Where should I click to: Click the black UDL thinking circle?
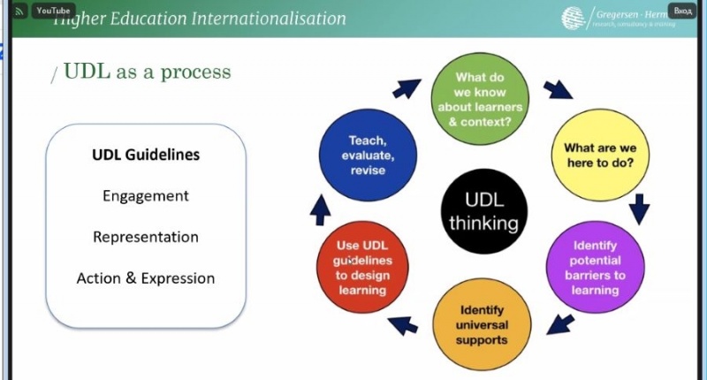coord(483,212)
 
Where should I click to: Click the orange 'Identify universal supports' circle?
coord(482,324)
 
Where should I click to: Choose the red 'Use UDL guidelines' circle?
coord(361,268)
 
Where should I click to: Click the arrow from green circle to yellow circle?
coord(557,90)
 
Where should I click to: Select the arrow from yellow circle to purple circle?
coord(641,209)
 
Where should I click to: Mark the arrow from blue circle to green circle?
coord(407,88)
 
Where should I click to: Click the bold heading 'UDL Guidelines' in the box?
coord(146,155)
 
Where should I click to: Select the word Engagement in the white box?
coord(146,195)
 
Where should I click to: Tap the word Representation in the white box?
coord(146,237)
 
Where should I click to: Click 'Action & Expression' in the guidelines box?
coord(146,277)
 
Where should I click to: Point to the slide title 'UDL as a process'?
coord(147,72)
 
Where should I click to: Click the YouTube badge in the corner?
coord(53,11)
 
